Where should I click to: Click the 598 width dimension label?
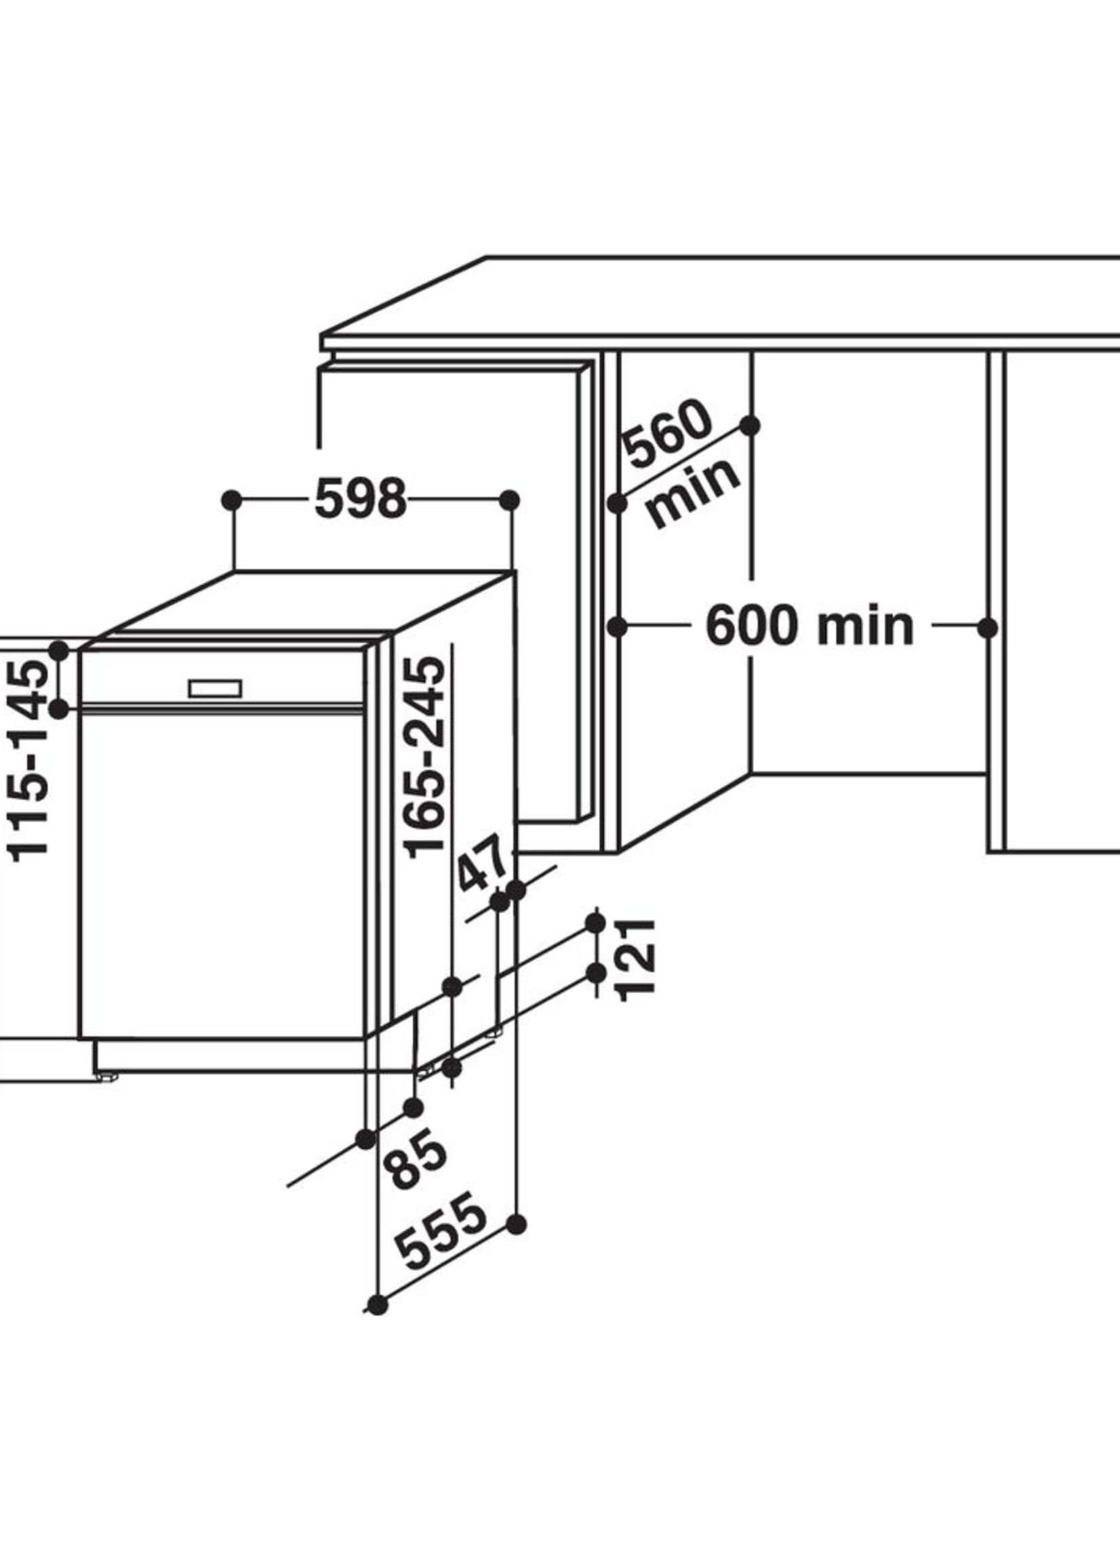tap(361, 499)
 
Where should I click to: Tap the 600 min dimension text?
tap(809, 626)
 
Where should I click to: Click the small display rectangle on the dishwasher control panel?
tap(215, 688)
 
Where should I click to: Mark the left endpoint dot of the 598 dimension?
tap(233, 500)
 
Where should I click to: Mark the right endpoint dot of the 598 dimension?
tap(510, 500)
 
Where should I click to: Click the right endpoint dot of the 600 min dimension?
tap(988, 628)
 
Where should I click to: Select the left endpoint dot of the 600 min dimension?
tap(617, 628)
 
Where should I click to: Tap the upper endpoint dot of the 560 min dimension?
tap(751, 426)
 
